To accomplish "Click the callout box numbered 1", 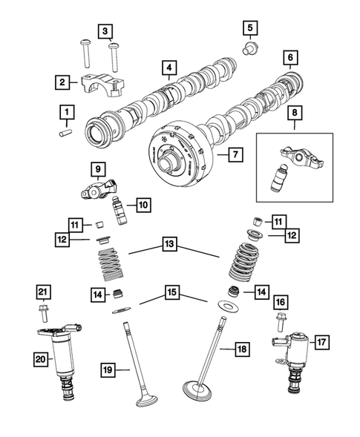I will point(67,113).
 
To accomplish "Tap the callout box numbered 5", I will point(250,29).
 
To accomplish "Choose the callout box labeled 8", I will point(296,113).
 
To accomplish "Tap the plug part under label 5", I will point(251,50).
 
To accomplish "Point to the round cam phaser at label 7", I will point(178,152).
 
